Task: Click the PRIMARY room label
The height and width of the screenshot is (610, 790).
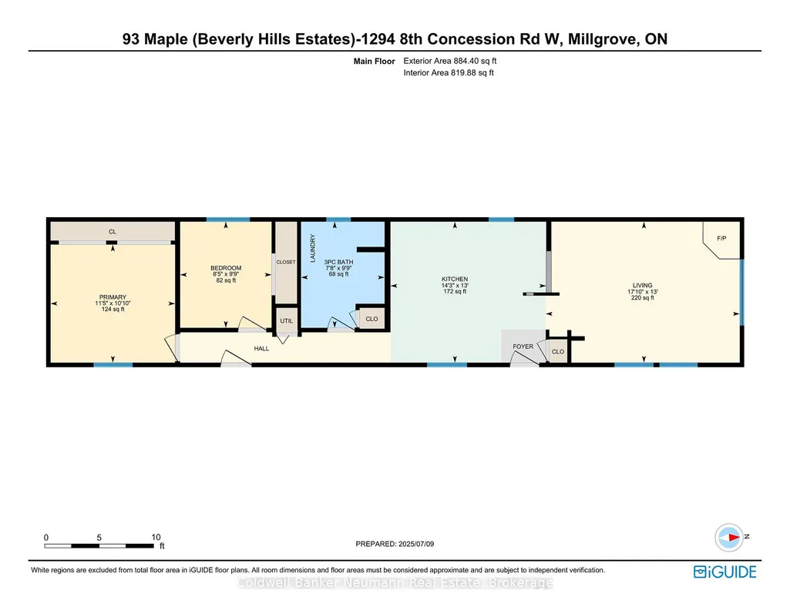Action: coord(113,297)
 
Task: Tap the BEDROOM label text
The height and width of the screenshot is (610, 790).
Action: coord(226,268)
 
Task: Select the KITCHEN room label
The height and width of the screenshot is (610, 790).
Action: coord(455,279)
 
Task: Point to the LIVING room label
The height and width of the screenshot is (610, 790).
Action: coord(642,286)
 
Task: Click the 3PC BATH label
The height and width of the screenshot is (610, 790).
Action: coord(338,262)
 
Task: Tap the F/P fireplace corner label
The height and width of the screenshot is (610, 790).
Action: coord(721,239)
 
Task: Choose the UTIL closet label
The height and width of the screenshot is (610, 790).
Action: coord(286,321)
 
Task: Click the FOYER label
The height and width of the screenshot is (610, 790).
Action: coord(523,347)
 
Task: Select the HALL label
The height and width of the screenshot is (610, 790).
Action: coord(261,348)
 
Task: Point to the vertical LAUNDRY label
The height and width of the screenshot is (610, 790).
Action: coord(312,248)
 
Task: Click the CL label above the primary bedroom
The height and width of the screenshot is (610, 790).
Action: coord(113,232)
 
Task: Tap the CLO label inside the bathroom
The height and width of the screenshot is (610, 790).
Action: coord(371,319)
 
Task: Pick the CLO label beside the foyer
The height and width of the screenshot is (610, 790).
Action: coord(558,352)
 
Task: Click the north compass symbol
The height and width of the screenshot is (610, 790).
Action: coord(729,538)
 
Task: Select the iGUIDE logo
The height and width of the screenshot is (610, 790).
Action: coord(725,571)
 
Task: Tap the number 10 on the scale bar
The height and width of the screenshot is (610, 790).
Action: coord(156,537)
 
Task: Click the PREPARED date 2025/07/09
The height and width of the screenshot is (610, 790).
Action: coord(416,544)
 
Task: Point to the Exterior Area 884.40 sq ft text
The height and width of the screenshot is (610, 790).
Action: coord(450,61)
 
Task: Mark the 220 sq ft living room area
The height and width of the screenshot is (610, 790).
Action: coord(642,298)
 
